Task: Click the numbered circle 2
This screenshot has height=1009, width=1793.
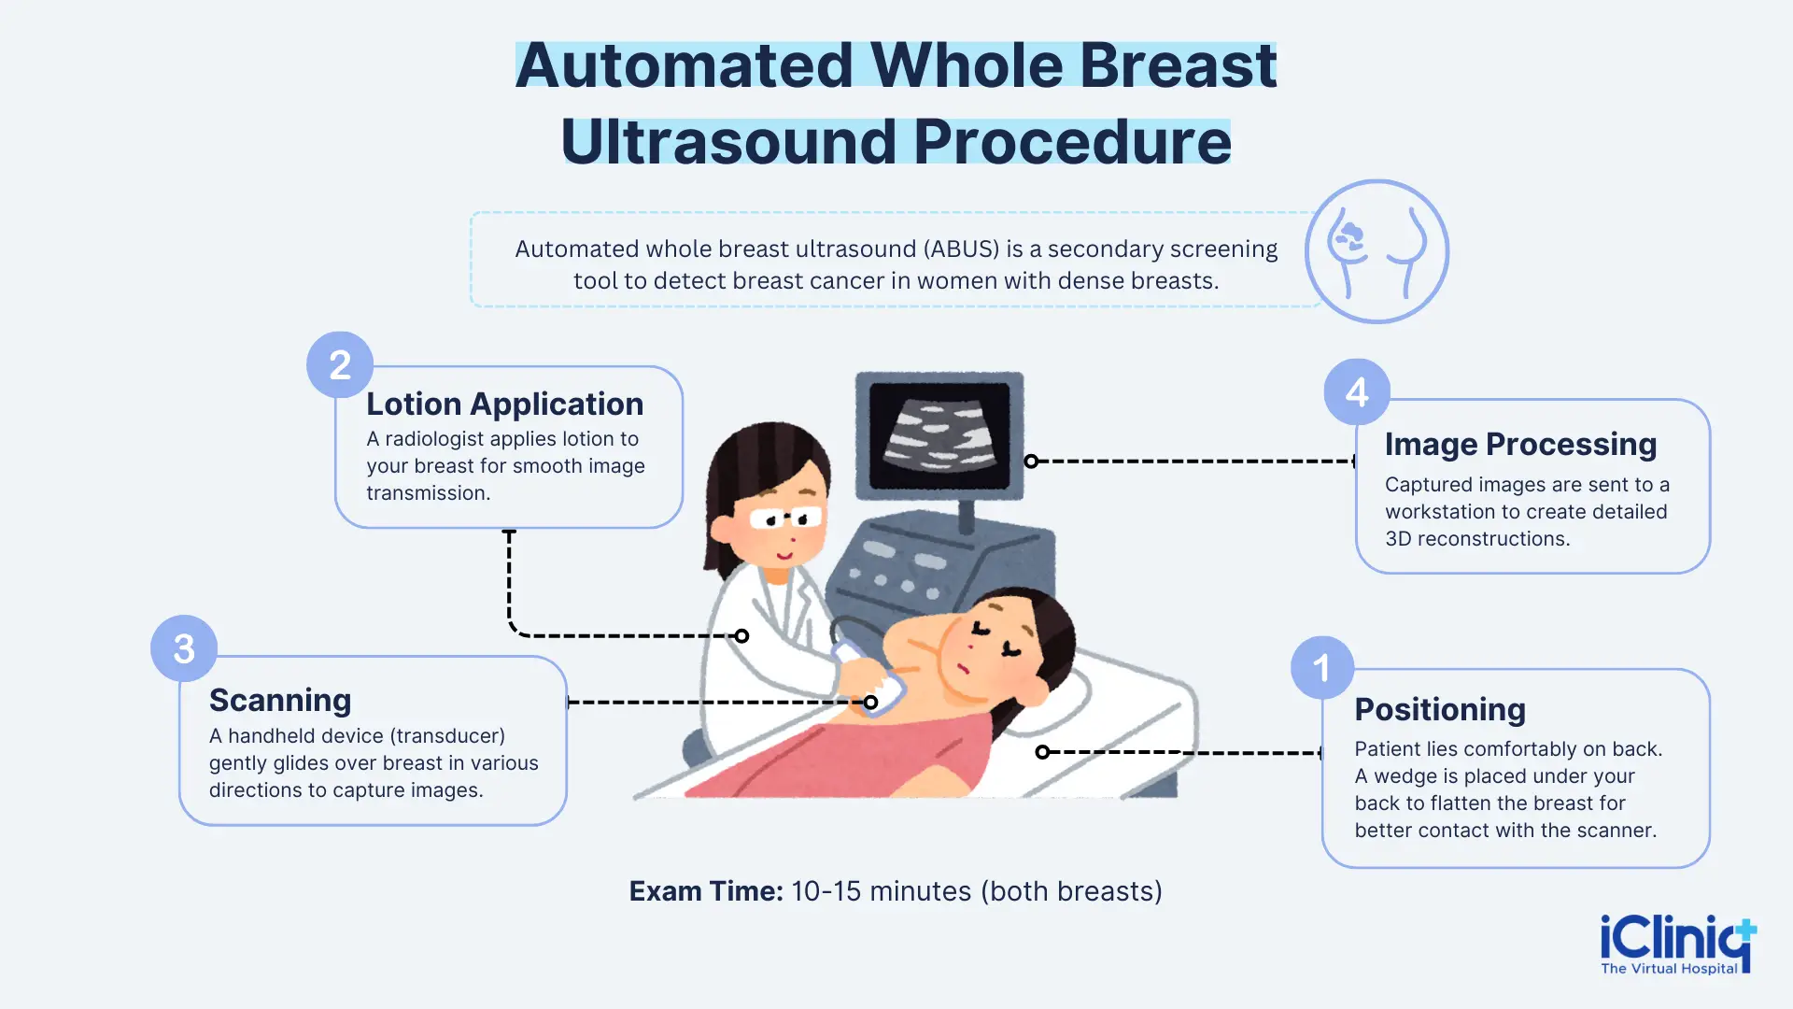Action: [x=340, y=364]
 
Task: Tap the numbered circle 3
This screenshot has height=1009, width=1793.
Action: [x=184, y=648]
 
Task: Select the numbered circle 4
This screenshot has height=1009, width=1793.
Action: [x=1357, y=391]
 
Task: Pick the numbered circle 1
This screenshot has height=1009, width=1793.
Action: [x=1321, y=668]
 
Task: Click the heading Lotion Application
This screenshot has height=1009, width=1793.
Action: [x=504, y=404]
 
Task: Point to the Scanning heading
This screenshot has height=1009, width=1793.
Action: [x=280, y=700]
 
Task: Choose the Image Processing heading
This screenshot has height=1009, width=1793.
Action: [x=1520, y=444]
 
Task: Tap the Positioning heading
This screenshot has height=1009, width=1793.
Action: [x=1440, y=709]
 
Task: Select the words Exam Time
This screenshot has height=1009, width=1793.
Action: [x=706, y=891]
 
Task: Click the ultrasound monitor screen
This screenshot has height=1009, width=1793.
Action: [x=939, y=434]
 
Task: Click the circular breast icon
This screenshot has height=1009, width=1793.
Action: [x=1377, y=251]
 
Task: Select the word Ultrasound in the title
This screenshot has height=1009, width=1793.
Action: [x=729, y=142]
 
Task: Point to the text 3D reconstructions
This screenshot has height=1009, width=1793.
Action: [x=1477, y=539]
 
